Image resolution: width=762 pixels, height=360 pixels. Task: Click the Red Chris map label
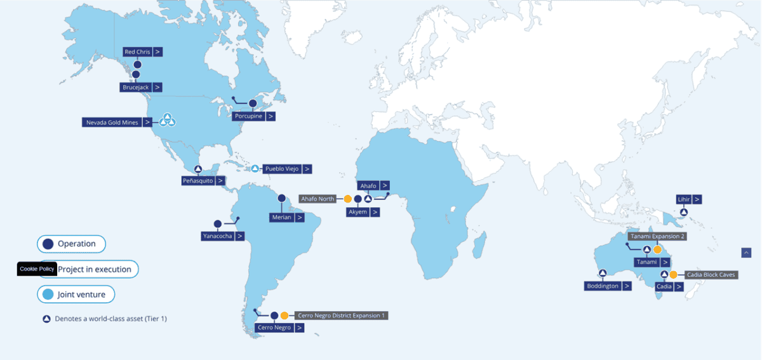137,51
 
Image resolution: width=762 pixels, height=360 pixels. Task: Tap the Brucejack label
135,87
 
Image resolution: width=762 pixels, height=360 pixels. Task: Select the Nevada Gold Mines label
112,122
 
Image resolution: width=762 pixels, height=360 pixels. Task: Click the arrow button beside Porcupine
271,116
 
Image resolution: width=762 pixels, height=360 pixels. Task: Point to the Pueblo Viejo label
281,169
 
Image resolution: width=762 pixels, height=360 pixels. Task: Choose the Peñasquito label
197,180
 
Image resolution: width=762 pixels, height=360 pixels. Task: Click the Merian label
281,217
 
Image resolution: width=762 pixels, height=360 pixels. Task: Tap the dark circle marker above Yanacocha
218,223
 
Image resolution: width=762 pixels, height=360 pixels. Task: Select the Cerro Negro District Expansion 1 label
342,315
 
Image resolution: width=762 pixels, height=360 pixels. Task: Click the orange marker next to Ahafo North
348,199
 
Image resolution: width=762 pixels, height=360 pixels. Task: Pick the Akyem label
358,212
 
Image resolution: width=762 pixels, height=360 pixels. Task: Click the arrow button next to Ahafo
385,185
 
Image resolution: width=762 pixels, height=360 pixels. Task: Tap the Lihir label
683,199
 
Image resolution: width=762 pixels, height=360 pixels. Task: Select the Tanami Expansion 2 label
658,236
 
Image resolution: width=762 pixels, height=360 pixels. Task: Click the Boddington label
602,286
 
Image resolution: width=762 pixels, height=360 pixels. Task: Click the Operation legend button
71,244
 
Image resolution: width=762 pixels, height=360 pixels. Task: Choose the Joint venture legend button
76,295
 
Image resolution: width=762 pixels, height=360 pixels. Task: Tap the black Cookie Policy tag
37,269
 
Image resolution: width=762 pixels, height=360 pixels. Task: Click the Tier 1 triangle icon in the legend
46,319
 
